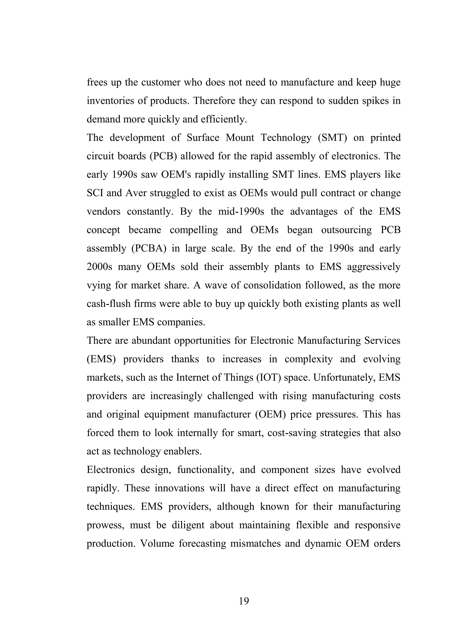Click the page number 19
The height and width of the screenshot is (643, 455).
(244, 601)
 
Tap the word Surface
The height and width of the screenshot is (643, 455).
(203, 138)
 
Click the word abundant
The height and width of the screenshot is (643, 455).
(150, 341)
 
